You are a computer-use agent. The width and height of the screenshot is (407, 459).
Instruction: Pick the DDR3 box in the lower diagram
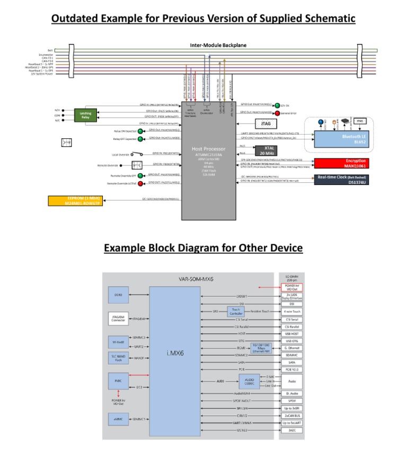pyautogui.click(x=119, y=295)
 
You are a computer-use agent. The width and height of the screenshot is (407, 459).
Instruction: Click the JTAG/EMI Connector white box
pyautogui.click(x=119, y=318)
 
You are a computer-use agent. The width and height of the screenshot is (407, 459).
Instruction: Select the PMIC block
pyautogui.click(x=119, y=379)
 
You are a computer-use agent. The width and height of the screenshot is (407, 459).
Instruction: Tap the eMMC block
pyautogui.click(x=119, y=419)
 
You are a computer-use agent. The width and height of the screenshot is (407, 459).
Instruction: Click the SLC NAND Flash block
pyautogui.click(x=119, y=358)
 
